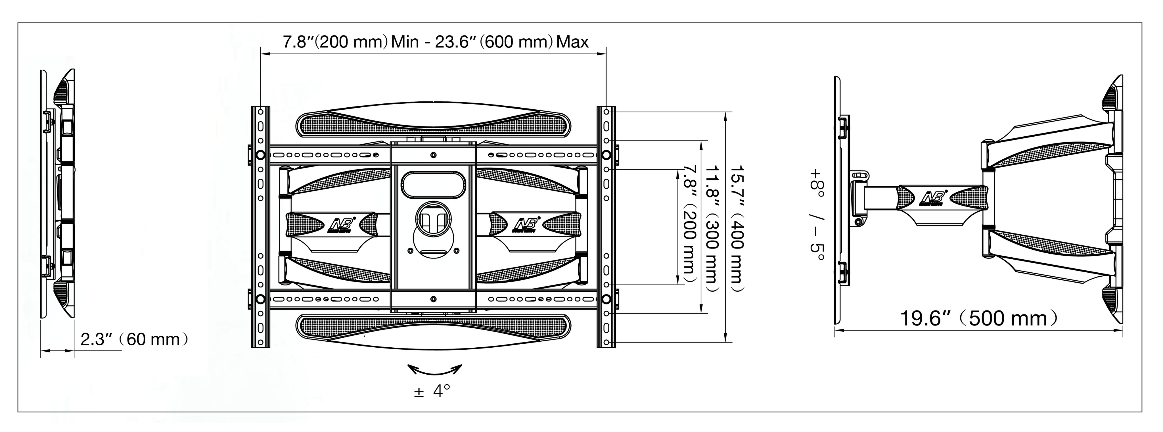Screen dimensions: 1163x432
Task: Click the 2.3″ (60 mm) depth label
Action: [x=134, y=339]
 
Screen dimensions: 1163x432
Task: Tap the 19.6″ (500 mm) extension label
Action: [x=979, y=318]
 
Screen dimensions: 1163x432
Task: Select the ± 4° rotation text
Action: [x=432, y=391]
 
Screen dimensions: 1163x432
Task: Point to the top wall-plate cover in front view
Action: [x=433, y=121]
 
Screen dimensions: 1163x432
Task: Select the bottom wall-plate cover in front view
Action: [x=433, y=333]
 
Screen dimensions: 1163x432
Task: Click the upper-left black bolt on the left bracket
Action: [x=260, y=155]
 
